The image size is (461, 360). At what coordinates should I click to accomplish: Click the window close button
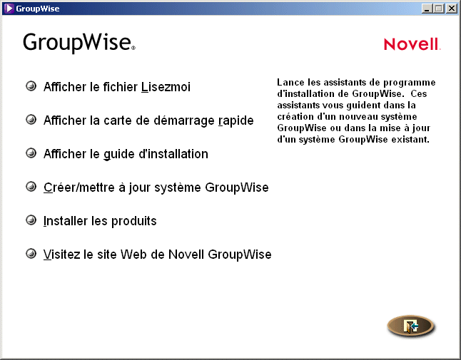[x=451, y=9]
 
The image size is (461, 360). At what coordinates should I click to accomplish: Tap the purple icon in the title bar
[x=8, y=9]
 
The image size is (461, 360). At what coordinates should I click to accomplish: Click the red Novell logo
[x=412, y=44]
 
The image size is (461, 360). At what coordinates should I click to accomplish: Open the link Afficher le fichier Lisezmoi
[x=117, y=87]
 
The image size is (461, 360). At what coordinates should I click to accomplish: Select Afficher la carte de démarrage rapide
[x=148, y=120]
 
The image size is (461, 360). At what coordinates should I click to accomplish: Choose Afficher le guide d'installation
[x=126, y=154]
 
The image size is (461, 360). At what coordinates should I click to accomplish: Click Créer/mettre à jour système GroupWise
[x=156, y=187]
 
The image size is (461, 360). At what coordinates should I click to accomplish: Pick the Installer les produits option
[x=100, y=221]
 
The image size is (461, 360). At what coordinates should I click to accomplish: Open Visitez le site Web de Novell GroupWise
[x=157, y=254]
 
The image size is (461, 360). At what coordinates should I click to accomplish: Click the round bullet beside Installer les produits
[x=31, y=220]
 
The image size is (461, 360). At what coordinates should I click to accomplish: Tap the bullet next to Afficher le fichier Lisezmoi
[x=31, y=86]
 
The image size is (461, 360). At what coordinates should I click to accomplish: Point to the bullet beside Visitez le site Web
[x=31, y=254]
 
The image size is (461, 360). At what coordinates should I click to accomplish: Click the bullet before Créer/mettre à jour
[x=31, y=187]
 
